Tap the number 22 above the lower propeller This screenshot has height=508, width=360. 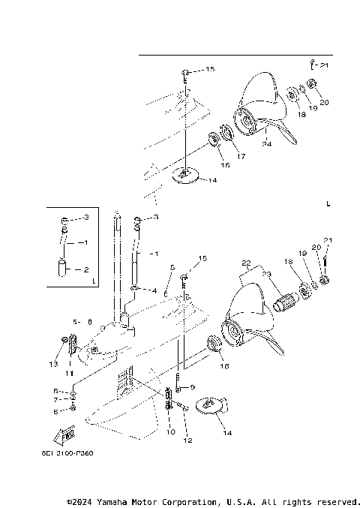click(x=245, y=263)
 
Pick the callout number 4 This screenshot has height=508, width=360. click(x=154, y=290)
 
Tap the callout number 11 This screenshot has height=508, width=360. click(x=68, y=373)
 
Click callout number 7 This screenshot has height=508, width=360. click(x=55, y=401)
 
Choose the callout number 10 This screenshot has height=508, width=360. click(x=170, y=433)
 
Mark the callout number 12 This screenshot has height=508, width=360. click(x=187, y=440)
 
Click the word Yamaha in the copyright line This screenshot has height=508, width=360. click(x=125, y=501)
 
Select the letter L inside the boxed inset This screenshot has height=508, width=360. click(x=92, y=281)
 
